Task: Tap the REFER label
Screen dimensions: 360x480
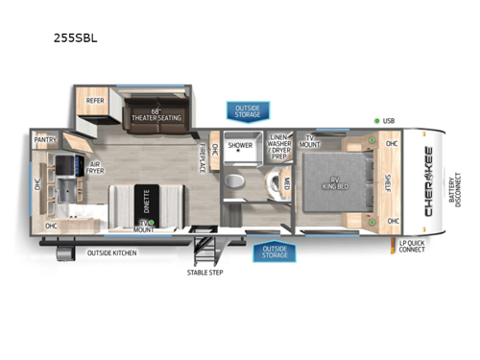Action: click(95, 100)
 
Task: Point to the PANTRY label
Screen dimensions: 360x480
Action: click(45, 139)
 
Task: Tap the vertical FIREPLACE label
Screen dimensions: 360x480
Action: click(202, 156)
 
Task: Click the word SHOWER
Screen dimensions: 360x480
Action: click(240, 147)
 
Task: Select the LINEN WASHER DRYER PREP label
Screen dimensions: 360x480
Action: click(281, 146)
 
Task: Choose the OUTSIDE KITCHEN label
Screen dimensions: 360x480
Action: click(111, 252)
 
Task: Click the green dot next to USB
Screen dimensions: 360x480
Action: click(376, 120)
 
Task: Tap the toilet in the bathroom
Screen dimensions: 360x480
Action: click(233, 182)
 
